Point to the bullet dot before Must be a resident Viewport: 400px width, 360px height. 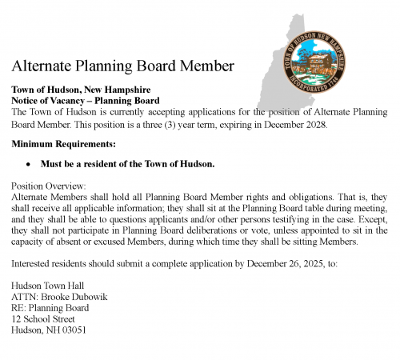[x=29, y=164]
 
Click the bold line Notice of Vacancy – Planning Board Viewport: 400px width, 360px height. [x=86, y=101]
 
